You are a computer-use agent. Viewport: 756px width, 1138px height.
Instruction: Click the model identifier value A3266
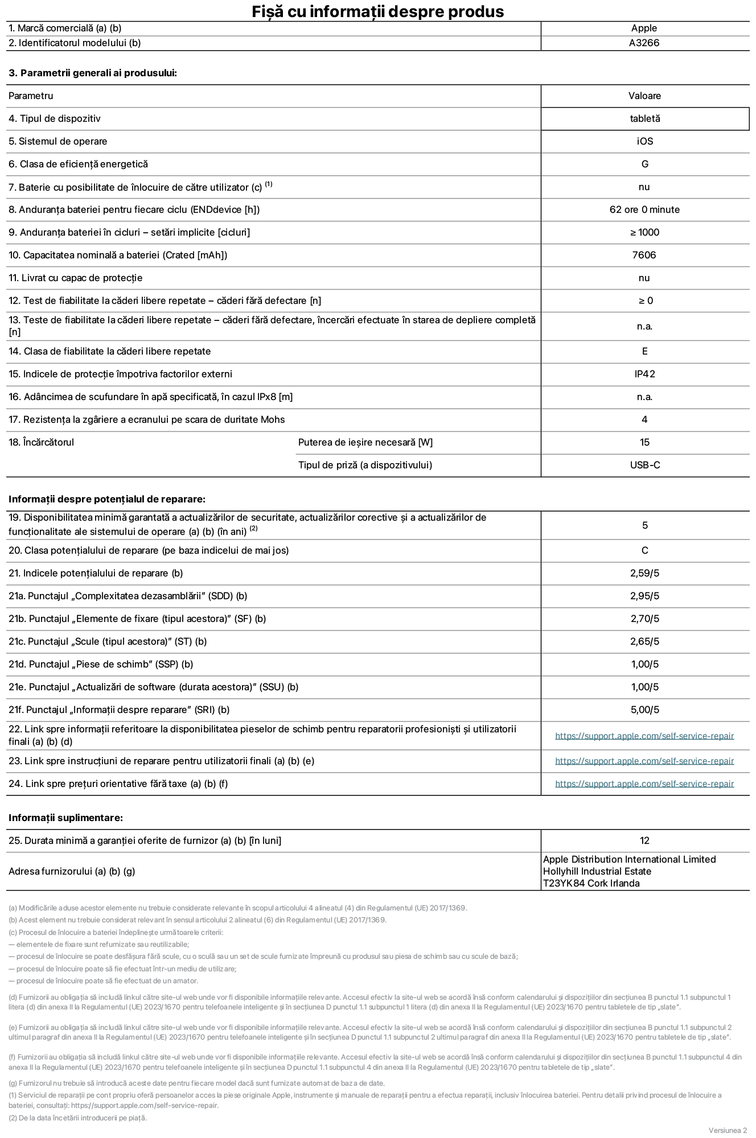point(644,43)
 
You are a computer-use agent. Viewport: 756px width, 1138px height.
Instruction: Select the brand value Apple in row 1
point(644,28)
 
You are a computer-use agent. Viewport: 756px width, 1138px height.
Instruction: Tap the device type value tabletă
point(644,118)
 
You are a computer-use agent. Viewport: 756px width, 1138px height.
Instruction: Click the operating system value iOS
point(644,141)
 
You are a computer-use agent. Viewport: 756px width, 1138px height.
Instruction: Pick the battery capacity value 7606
point(644,255)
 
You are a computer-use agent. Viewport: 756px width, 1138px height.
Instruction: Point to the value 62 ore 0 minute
point(644,209)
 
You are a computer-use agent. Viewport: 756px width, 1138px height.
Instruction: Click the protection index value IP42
point(644,374)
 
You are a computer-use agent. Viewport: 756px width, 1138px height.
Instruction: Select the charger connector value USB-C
point(644,465)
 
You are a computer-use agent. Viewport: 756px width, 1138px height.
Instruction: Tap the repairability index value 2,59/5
point(644,573)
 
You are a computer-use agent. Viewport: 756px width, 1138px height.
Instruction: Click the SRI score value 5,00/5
point(644,710)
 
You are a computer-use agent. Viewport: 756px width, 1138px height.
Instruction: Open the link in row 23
point(644,761)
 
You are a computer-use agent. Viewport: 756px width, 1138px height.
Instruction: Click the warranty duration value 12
point(644,840)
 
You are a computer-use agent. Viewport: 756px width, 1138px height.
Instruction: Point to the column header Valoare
point(644,96)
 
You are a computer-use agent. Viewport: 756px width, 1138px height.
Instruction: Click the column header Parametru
point(31,96)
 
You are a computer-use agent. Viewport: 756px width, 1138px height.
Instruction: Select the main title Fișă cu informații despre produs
point(378,11)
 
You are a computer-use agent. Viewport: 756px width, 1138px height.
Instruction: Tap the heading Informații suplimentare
point(65,818)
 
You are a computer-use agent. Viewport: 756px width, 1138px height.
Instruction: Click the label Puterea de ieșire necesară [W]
point(365,442)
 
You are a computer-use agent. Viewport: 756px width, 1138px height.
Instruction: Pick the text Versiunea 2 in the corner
point(728,1130)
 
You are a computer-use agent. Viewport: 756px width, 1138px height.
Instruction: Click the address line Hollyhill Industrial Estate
point(597,871)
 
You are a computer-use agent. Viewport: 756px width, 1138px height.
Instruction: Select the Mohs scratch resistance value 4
point(644,419)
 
